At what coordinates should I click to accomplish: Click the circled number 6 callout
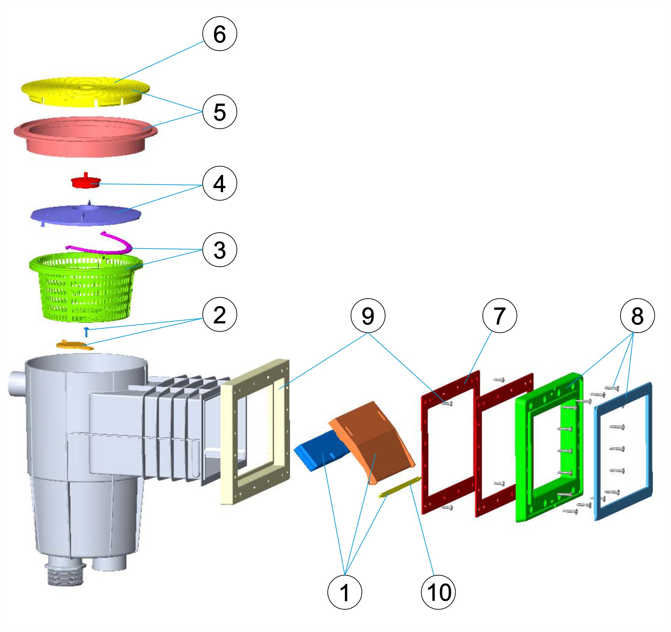tap(219, 34)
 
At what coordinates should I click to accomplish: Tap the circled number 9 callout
tap(368, 315)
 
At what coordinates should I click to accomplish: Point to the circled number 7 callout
tap(500, 315)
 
